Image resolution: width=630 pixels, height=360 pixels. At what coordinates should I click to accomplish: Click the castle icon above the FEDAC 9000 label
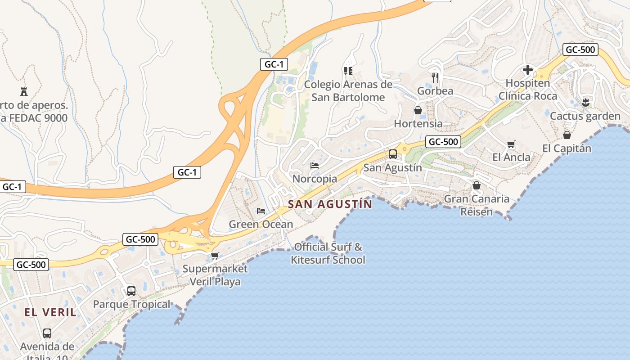click(x=24, y=91)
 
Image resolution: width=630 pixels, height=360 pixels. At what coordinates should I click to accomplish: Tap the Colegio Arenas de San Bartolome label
click(x=348, y=91)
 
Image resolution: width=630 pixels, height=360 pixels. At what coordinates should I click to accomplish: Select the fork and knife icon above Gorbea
click(x=435, y=77)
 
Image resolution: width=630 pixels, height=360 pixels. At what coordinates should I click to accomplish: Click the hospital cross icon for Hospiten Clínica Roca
click(x=527, y=70)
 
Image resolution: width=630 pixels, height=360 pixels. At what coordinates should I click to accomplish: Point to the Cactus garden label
click(x=585, y=116)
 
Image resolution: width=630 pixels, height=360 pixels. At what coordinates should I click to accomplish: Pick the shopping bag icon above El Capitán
click(x=567, y=135)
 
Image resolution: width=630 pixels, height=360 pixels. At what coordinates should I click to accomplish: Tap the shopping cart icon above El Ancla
click(x=511, y=144)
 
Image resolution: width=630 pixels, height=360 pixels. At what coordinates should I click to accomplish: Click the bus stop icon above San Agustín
click(x=392, y=154)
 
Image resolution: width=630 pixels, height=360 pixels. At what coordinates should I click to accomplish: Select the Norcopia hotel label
click(x=315, y=179)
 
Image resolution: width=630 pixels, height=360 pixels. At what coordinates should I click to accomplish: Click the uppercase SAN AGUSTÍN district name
click(x=330, y=204)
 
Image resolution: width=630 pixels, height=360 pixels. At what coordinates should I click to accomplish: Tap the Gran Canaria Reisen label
click(x=477, y=205)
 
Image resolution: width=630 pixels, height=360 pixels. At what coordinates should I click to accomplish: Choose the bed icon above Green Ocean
click(x=261, y=211)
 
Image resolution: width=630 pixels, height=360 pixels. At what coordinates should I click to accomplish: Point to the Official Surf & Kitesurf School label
click(x=328, y=253)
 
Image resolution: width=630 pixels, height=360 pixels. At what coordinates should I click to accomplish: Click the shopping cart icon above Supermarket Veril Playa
click(x=215, y=256)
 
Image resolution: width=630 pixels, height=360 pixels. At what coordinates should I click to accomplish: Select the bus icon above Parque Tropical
click(x=131, y=291)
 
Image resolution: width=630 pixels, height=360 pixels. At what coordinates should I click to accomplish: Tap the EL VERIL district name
click(x=50, y=312)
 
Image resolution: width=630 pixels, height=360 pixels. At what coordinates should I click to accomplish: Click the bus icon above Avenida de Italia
click(x=47, y=333)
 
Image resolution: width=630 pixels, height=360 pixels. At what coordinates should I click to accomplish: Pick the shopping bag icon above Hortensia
click(x=418, y=110)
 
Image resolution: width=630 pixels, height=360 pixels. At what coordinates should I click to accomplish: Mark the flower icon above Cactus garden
click(x=585, y=102)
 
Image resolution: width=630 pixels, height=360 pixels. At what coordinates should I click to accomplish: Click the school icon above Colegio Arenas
click(x=348, y=71)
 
